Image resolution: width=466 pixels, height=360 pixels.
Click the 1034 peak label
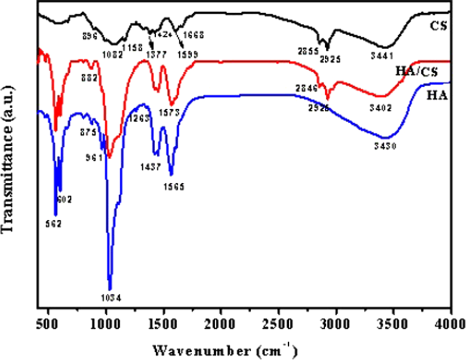pyautogui.click(x=110, y=298)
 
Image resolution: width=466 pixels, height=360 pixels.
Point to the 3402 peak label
pyautogui.click(x=381, y=107)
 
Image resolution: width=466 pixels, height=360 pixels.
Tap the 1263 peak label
pyautogui.click(x=138, y=118)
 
